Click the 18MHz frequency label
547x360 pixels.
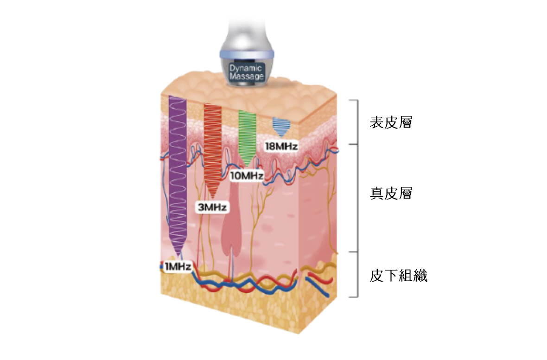281,146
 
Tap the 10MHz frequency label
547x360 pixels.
247,176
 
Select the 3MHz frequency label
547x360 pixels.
212,207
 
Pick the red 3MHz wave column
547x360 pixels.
213,144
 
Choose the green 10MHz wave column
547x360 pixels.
247,135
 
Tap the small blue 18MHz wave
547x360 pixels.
281,124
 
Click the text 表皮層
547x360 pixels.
391,122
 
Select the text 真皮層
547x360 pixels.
391,193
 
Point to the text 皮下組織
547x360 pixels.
398,276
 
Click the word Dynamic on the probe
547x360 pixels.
246,68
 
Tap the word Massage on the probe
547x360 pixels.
246,76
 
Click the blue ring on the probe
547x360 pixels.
246,52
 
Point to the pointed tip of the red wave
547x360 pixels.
213,197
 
